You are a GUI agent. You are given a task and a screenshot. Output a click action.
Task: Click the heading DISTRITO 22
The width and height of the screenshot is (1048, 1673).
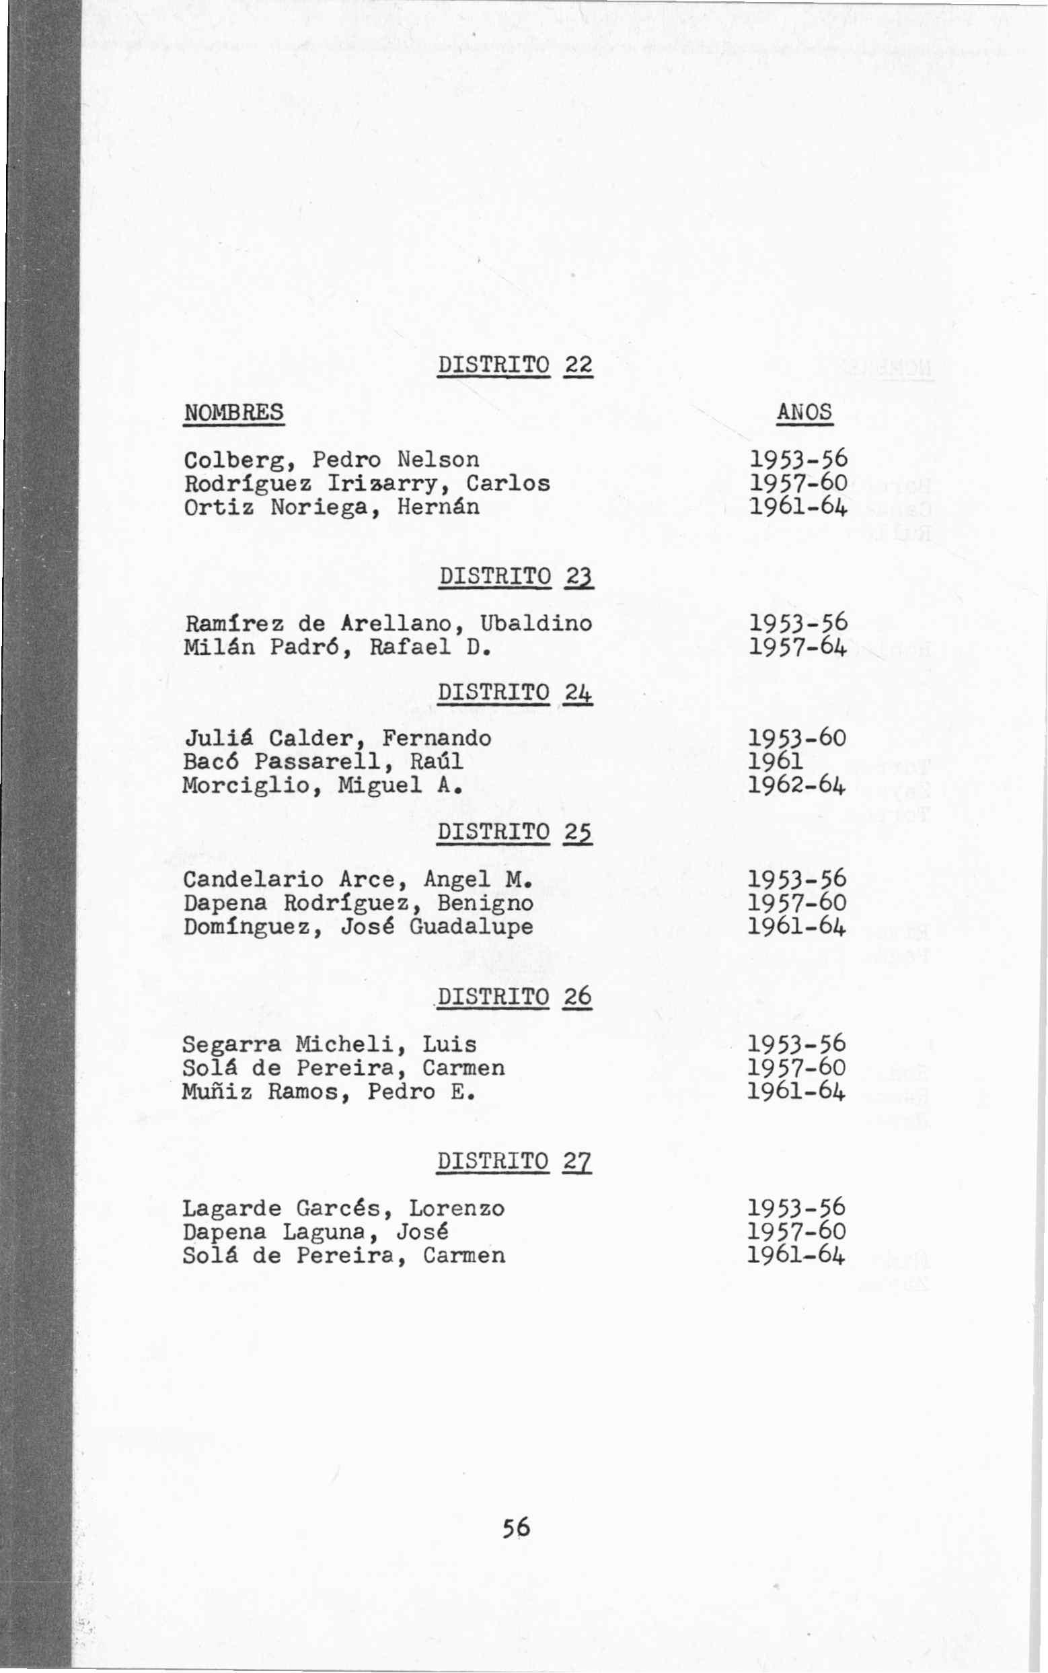click(x=516, y=365)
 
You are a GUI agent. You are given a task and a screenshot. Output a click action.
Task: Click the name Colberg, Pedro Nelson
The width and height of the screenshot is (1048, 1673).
click(x=332, y=460)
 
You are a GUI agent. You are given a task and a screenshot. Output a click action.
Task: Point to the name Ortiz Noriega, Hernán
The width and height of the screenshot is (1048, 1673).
click(x=332, y=507)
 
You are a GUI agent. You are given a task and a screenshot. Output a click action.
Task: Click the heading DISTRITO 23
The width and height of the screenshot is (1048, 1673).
click(x=516, y=576)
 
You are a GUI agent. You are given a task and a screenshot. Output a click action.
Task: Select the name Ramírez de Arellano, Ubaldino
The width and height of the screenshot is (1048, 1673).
click(x=388, y=623)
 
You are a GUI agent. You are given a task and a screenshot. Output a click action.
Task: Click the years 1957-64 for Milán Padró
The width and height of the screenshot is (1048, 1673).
click(x=798, y=647)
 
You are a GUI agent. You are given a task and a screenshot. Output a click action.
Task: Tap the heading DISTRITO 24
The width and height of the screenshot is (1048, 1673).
click(x=515, y=692)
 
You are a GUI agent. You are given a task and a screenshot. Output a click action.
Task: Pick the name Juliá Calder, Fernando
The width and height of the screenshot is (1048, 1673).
click(x=337, y=738)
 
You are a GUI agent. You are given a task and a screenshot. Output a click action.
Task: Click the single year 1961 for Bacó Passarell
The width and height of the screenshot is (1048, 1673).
click(x=776, y=762)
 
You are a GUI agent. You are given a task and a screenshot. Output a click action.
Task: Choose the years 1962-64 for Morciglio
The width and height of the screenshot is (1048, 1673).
click(x=797, y=785)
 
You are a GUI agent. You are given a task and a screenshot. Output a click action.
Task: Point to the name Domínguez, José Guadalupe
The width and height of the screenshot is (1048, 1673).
click(x=358, y=927)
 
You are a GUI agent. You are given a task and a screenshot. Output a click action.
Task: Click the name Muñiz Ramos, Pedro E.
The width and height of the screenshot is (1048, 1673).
click(x=329, y=1092)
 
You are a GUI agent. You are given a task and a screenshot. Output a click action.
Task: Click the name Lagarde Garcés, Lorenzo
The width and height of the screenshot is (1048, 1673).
click(x=344, y=1209)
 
